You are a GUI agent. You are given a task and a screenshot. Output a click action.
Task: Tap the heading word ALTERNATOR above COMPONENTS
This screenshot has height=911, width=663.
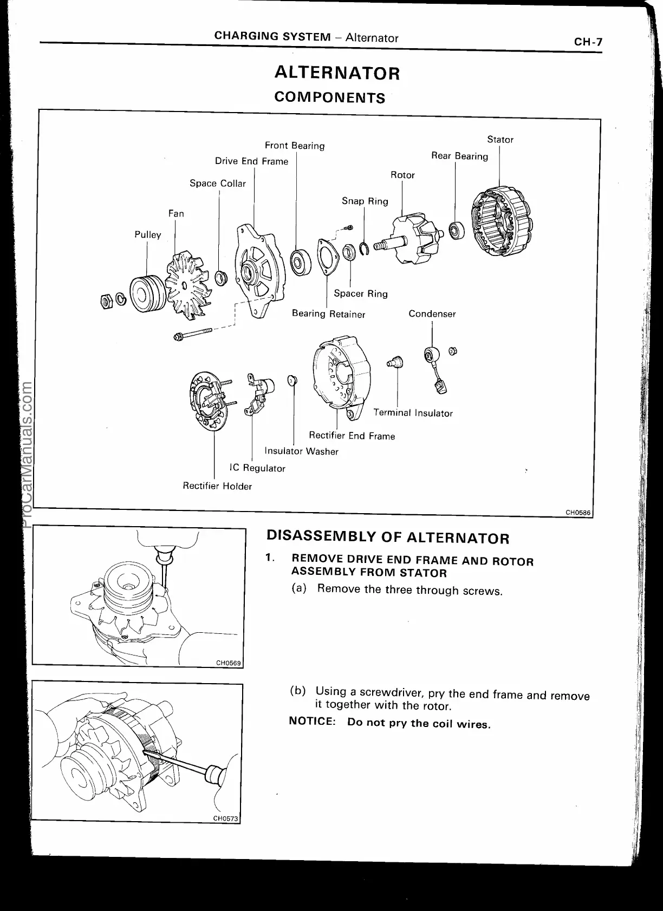point(337,73)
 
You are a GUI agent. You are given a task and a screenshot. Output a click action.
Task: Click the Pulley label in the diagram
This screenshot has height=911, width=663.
point(148,235)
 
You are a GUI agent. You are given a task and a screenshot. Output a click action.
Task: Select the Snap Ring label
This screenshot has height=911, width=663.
point(365,201)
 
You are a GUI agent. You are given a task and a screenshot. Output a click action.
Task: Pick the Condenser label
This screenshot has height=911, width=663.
point(432,314)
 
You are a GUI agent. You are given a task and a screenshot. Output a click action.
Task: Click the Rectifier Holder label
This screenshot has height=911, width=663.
point(217,486)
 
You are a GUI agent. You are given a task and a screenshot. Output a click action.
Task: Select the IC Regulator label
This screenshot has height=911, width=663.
point(257,468)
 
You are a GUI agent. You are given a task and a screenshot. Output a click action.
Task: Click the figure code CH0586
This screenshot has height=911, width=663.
point(577,512)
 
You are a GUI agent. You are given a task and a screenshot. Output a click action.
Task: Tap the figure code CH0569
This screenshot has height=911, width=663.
point(228,663)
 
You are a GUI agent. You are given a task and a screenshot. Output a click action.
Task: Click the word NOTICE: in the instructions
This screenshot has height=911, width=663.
point(313,722)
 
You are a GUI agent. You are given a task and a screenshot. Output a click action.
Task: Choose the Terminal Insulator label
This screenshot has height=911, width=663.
point(413,413)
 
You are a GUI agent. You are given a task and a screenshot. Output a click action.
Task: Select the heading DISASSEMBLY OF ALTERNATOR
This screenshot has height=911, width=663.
point(388,538)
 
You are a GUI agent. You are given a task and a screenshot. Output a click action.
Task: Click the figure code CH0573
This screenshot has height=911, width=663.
point(225,818)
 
